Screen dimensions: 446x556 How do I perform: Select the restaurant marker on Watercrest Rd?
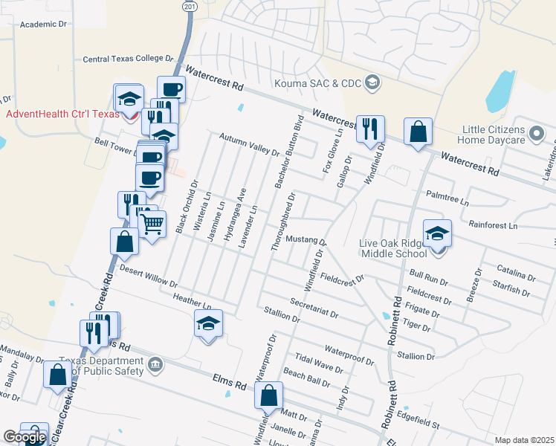pos(369,129)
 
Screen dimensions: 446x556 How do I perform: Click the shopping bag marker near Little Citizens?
pos(418,132)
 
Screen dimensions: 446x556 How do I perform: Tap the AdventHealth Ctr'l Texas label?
pos(62,114)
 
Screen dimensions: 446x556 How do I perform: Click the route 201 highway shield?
pos(190,6)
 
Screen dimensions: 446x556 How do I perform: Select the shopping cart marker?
pos(152,222)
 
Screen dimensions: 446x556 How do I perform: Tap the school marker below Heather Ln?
pos(209,324)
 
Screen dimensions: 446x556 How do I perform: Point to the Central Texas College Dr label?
pos(128,58)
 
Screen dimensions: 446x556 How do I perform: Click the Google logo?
pos(24,437)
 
